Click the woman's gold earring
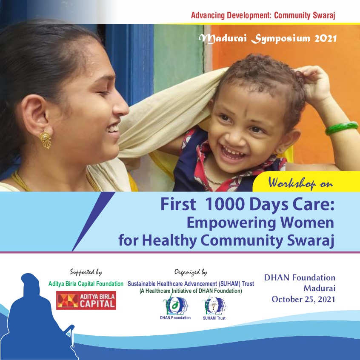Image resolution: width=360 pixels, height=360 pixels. click(46, 140)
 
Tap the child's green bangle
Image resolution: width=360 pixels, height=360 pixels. click(342, 128)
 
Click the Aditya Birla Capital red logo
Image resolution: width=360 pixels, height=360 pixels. click(86, 300)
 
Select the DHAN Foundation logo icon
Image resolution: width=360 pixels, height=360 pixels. click(175, 306)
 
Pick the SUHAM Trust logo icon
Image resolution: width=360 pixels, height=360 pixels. click(214, 306)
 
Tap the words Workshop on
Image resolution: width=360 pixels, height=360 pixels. click(300, 183)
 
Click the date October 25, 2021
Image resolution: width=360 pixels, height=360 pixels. click(303, 299)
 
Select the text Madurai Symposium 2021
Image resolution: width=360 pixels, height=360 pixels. click(268, 39)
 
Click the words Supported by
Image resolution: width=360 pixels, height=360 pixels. click(86, 272)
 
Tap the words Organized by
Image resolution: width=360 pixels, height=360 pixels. click(191, 272)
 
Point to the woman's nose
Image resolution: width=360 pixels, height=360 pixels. click(120, 107)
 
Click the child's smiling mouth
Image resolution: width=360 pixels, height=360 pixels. click(231, 153)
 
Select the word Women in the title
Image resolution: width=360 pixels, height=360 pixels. click(307, 223)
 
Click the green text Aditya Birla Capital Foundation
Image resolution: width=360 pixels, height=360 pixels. click(86, 284)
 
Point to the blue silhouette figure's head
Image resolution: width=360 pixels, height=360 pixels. click(30, 281)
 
